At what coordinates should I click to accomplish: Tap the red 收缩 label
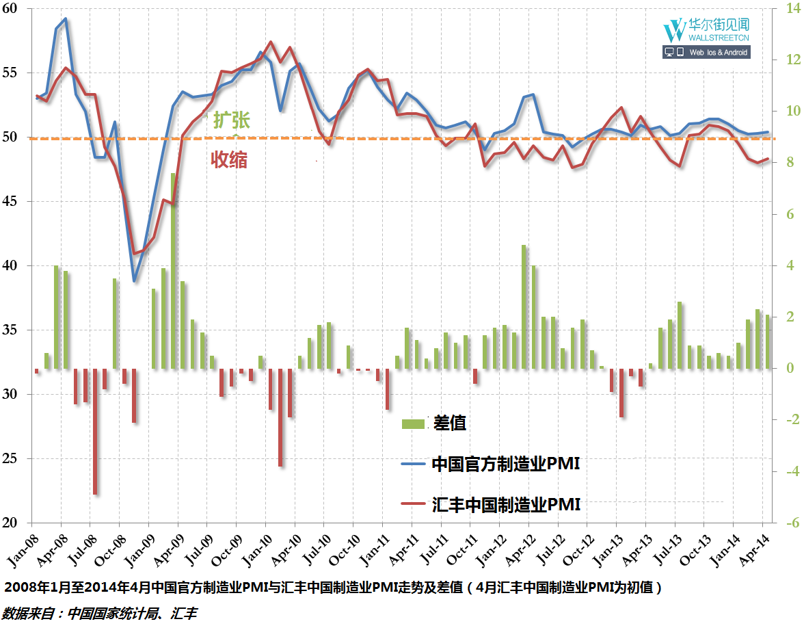click(228, 160)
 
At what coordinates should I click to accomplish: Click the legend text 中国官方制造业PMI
click(506, 465)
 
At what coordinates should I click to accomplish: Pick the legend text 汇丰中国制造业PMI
click(506, 506)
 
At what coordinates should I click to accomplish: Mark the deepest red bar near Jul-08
click(94, 431)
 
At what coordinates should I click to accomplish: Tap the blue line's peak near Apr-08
click(65, 18)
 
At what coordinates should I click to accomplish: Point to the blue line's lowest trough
click(134, 281)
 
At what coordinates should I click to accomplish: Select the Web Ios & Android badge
click(706, 52)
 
